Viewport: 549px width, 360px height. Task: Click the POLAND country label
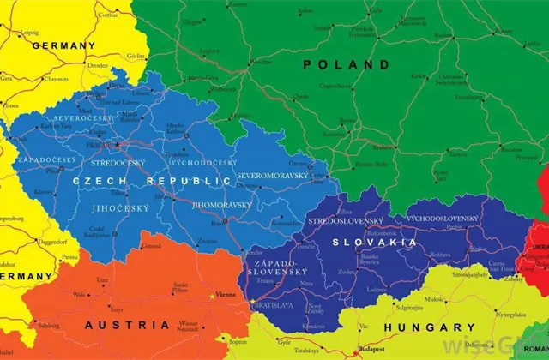[346, 64]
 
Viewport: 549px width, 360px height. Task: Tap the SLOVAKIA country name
[375, 243]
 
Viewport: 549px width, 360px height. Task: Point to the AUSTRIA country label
[127, 325]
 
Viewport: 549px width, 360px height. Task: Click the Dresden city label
[97, 64]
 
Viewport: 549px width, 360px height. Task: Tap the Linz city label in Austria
[103, 279]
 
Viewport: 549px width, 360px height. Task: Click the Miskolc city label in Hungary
[436, 300]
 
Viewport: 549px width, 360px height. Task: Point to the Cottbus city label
[108, 15]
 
